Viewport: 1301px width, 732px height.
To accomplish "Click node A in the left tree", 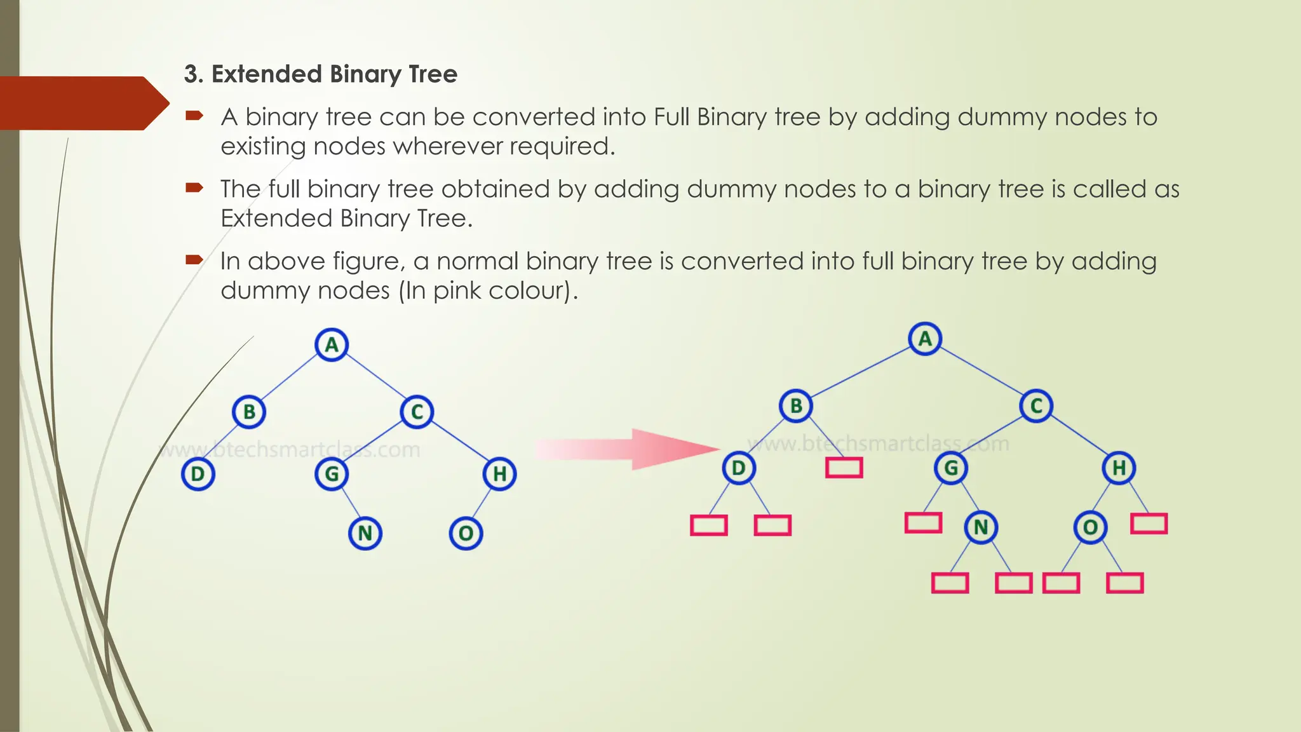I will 332,345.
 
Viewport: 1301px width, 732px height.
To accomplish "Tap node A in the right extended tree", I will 925,339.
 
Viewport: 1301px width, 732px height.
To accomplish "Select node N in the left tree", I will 365,533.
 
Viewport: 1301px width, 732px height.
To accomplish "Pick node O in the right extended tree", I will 1090,527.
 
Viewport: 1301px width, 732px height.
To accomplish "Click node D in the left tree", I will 198,474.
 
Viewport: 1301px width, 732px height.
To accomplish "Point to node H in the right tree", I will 1119,468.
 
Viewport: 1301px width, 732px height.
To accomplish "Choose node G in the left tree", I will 332,474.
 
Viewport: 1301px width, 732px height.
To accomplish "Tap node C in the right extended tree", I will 1036,406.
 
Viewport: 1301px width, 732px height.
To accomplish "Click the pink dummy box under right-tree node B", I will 844,468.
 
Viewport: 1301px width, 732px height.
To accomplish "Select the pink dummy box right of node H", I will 1149,524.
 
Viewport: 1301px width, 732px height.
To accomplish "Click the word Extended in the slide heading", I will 267,74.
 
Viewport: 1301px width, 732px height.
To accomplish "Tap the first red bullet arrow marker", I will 194,116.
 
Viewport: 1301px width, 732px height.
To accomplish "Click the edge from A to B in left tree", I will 290,379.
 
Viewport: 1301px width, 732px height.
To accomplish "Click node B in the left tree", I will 249,412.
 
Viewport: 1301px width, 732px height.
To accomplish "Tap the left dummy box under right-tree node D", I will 709,525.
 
